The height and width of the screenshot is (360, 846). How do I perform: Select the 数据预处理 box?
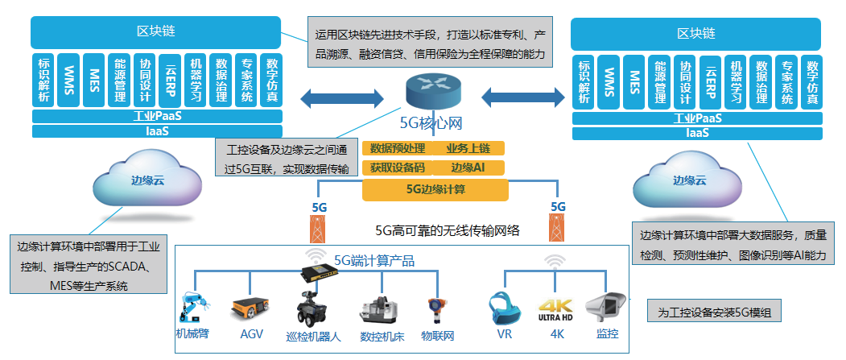coord(398,148)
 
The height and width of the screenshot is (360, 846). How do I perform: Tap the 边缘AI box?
coord(467,168)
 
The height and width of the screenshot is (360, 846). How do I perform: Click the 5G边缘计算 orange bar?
coord(435,190)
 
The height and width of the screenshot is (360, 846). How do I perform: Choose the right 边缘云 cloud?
coord(688,181)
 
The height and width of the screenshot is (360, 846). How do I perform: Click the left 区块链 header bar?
coord(157,33)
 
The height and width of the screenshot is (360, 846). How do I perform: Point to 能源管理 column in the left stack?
coord(120,81)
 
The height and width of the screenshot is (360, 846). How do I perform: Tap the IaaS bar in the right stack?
coord(697,133)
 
